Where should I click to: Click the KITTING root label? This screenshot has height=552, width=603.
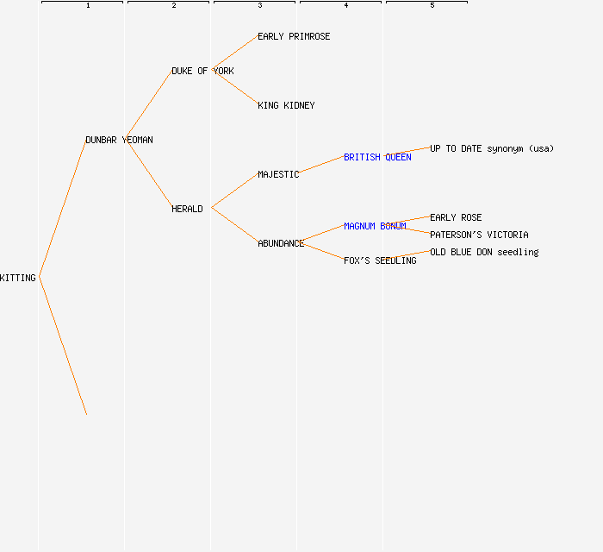pyautogui.click(x=18, y=278)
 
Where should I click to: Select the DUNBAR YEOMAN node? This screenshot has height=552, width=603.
pyautogui.click(x=119, y=140)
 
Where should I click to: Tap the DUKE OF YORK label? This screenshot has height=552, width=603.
pyautogui.click(x=202, y=71)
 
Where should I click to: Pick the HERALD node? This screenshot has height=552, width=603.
pyautogui.click(x=187, y=209)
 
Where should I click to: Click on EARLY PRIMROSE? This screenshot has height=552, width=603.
pyautogui.click(x=294, y=36)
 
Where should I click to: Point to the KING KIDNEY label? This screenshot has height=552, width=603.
pyautogui.click(x=286, y=105)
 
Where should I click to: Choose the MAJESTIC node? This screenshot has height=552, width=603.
pyautogui.click(x=278, y=174)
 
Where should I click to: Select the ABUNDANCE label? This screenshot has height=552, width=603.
pyautogui.click(x=281, y=243)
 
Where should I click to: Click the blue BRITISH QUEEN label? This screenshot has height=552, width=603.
pyautogui.click(x=377, y=157)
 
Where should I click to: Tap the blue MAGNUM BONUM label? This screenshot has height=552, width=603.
pyautogui.click(x=375, y=226)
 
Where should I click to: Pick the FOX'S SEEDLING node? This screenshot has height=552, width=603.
pyautogui.click(x=380, y=260)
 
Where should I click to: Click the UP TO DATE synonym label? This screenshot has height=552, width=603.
pyautogui.click(x=492, y=148)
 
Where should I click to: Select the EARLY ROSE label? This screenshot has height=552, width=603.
pyautogui.click(x=456, y=217)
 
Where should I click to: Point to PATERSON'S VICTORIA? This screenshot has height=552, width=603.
pyautogui.click(x=479, y=235)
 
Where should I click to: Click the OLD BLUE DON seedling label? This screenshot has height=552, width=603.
pyautogui.click(x=484, y=252)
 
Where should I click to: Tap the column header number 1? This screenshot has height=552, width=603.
pyautogui.click(x=88, y=5)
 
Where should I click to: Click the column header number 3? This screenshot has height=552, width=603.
pyautogui.click(x=260, y=5)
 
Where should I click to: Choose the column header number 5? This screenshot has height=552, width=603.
pyautogui.click(x=432, y=5)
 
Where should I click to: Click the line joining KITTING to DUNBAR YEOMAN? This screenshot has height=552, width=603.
pyautogui.click(x=62, y=209)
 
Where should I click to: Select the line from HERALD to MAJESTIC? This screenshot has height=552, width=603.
pyautogui.click(x=234, y=191)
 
